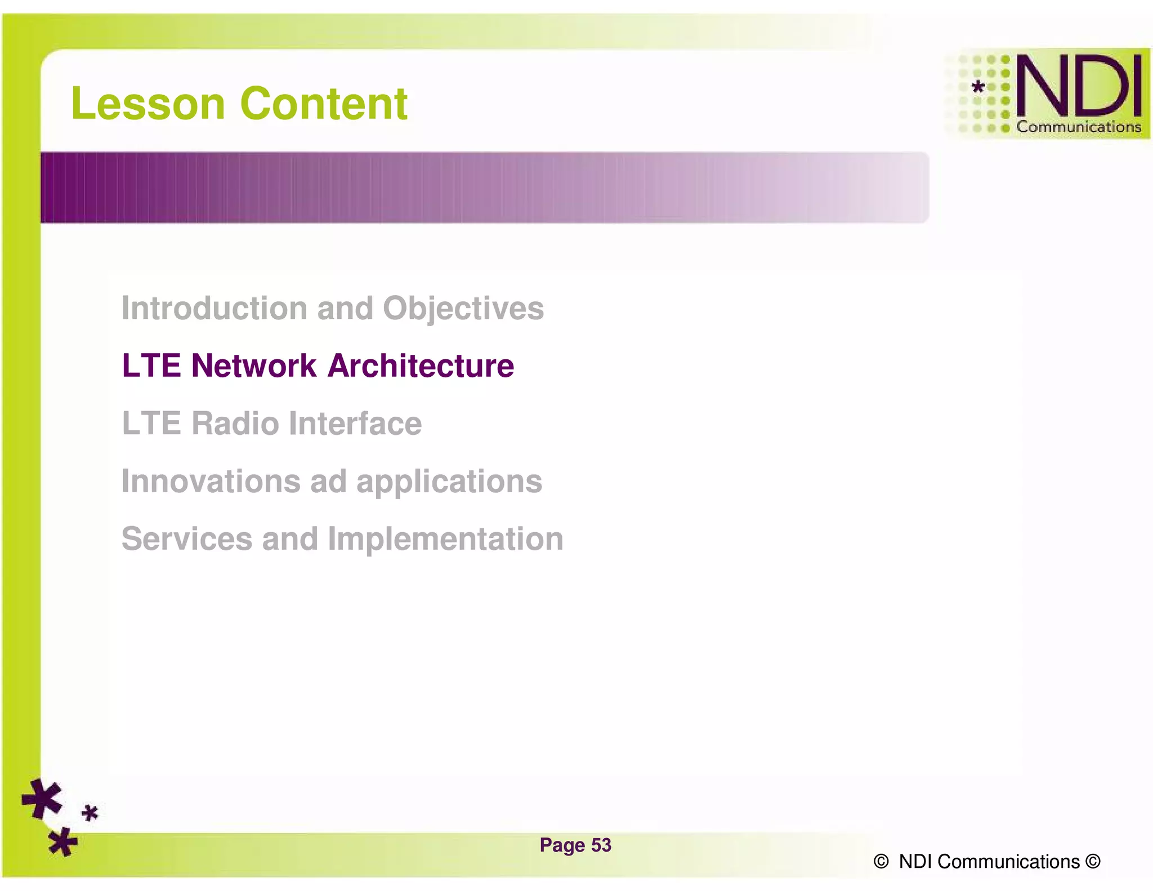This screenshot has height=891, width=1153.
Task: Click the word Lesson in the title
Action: pyautogui.click(x=148, y=104)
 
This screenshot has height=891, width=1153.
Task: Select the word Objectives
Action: pyautogui.click(x=463, y=309)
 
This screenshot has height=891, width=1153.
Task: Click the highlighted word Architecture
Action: pyautogui.click(x=421, y=366)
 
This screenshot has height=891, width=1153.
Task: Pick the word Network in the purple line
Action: pyautogui.click(x=253, y=366)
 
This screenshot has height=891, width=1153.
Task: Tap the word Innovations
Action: pyautogui.click(x=211, y=481)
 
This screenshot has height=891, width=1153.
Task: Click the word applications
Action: pyautogui.click(x=449, y=482)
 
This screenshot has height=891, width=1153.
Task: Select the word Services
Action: pyautogui.click(x=186, y=538)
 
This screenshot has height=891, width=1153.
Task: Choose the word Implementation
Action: pyautogui.click(x=445, y=540)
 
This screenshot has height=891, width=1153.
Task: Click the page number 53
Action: pyautogui.click(x=601, y=845)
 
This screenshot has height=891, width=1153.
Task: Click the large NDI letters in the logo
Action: pyautogui.click(x=1079, y=86)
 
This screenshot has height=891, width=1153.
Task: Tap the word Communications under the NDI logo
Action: pyautogui.click(x=1078, y=127)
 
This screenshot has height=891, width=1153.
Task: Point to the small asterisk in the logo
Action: pyautogui.click(x=978, y=87)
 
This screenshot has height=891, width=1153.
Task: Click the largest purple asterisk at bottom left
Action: pyautogui.click(x=42, y=798)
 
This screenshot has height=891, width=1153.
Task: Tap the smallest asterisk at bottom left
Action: pyautogui.click(x=90, y=813)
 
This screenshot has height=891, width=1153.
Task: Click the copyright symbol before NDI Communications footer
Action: pyautogui.click(x=881, y=862)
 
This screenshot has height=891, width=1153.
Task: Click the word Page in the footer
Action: pyautogui.click(x=562, y=845)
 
